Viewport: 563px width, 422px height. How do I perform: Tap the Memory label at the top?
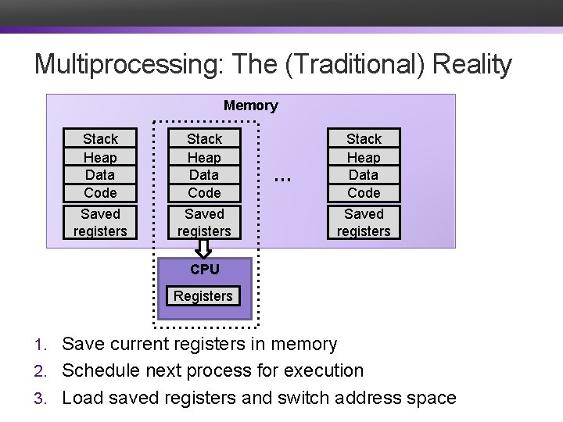(x=250, y=105)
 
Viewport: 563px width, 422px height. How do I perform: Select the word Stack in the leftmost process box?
(x=100, y=138)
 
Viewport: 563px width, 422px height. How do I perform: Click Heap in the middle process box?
(x=204, y=157)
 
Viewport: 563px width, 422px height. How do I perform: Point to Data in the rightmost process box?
(x=364, y=175)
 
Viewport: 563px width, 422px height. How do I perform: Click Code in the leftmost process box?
(x=100, y=193)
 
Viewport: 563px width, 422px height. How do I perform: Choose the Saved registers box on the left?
(x=100, y=222)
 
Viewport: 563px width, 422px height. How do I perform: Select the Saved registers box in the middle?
(x=204, y=222)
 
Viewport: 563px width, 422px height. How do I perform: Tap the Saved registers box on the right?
(x=364, y=222)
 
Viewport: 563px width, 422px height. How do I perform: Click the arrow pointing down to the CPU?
(x=204, y=249)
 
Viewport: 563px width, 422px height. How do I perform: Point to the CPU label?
(x=204, y=270)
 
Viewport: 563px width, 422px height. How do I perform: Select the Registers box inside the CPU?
(x=203, y=296)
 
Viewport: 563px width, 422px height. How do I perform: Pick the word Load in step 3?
(x=81, y=397)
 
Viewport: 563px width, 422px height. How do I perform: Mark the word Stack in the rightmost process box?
(x=364, y=138)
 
